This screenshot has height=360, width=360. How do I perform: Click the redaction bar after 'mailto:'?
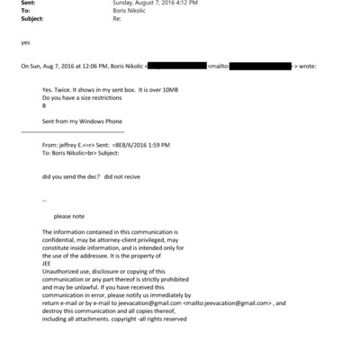click(261, 66)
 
